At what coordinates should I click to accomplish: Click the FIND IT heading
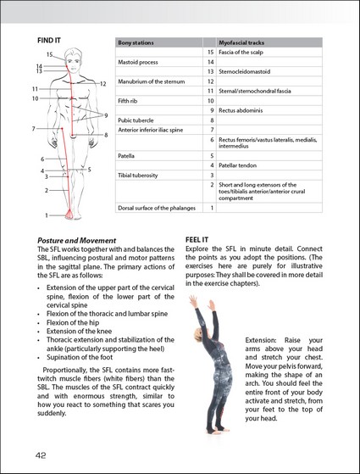point(49,40)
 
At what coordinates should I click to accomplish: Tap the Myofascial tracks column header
point(241,42)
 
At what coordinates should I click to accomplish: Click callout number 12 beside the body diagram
point(103,84)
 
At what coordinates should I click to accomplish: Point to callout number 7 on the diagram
point(34,129)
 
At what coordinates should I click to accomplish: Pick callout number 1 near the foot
point(47,215)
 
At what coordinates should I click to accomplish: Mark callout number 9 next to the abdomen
point(106,115)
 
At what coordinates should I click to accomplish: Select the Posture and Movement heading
point(77,241)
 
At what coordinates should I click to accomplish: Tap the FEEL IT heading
point(197,240)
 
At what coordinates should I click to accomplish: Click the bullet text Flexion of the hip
point(73,322)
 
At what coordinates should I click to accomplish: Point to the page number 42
point(41,455)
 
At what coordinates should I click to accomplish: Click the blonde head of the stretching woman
point(198,335)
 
